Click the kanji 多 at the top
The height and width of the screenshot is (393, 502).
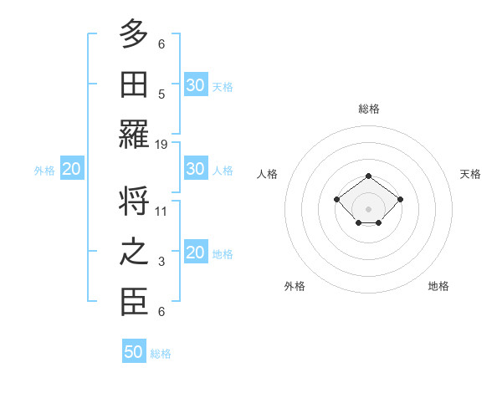[134, 34]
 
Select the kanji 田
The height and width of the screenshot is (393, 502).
[134, 84]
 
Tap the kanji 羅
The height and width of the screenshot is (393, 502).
[134, 134]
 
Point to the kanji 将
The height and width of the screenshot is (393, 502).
[134, 202]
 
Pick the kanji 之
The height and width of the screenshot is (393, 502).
[134, 252]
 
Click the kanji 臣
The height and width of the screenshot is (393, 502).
[134, 302]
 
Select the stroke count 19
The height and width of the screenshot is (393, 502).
[161, 145]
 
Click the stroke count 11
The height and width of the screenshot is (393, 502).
[161, 212]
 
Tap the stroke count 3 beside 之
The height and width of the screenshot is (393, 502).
[161, 262]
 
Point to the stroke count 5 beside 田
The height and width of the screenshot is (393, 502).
[161, 94]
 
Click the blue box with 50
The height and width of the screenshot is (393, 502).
[134, 352]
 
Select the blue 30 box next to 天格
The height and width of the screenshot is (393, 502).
[195, 85]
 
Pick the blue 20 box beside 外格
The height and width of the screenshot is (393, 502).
[71, 170]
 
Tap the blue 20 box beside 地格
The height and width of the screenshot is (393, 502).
[195, 253]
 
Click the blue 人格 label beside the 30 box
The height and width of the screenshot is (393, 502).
[223, 170]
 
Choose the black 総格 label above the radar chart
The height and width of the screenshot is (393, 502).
[368, 109]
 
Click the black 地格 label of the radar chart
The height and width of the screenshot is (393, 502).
[438, 286]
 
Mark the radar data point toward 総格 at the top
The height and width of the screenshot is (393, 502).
[368, 176]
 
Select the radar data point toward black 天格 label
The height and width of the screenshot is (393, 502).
[400, 199]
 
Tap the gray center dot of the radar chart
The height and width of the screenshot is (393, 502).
[368, 209]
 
